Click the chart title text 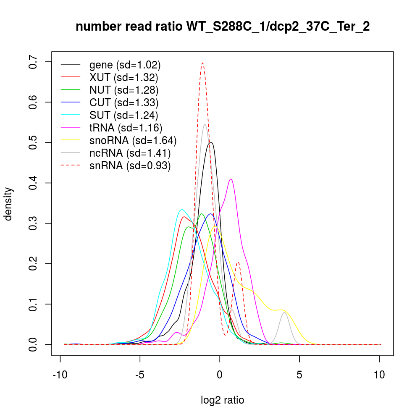point(223,27)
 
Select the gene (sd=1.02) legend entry point(125,65)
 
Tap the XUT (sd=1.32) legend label point(123,77)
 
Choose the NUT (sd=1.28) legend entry point(123,90)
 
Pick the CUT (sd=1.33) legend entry point(123,102)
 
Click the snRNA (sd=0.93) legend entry point(130,165)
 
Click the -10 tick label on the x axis point(60,375)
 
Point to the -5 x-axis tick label point(140,375)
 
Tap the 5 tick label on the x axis point(299,375)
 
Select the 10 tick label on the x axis point(379,375)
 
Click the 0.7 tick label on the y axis point(34,62)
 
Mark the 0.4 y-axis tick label point(34,183)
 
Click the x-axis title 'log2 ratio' point(223,400)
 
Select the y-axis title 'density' point(9,204)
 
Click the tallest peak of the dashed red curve point(202,63)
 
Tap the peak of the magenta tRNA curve point(231,179)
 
